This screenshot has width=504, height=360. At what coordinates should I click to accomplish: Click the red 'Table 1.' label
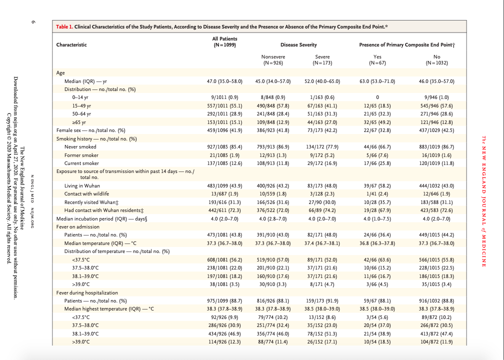[64, 26]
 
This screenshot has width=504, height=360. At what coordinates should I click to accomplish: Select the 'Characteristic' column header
[71, 44]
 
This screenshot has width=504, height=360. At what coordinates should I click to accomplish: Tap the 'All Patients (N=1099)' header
[224, 42]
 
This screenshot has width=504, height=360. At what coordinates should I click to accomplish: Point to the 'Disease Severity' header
[298, 44]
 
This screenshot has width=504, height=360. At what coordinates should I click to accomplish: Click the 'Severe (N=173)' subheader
[322, 60]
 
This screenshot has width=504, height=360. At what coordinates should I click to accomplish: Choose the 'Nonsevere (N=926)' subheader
[273, 60]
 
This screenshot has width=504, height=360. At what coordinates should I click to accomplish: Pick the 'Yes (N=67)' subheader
[377, 60]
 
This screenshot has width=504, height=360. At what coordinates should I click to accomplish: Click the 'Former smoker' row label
[81, 155]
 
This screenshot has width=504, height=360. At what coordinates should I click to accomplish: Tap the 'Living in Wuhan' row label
[82, 186]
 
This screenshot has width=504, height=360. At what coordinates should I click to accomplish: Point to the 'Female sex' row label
[68, 130]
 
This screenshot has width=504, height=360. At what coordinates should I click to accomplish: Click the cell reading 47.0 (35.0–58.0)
[224, 81]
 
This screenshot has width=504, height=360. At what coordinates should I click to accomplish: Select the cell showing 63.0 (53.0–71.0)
[377, 81]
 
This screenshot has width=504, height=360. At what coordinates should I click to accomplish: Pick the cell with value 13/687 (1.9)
[224, 194]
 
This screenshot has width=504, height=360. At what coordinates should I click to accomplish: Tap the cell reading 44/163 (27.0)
[322, 122]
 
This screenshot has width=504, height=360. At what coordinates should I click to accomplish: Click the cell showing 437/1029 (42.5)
[436, 130]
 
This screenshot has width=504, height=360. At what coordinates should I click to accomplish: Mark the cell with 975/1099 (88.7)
[224, 301]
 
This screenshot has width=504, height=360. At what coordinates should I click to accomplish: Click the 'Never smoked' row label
[80, 147]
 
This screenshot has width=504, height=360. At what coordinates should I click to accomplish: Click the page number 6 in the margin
[33, 22]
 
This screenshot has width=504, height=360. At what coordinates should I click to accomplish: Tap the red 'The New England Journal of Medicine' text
[483, 201]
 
